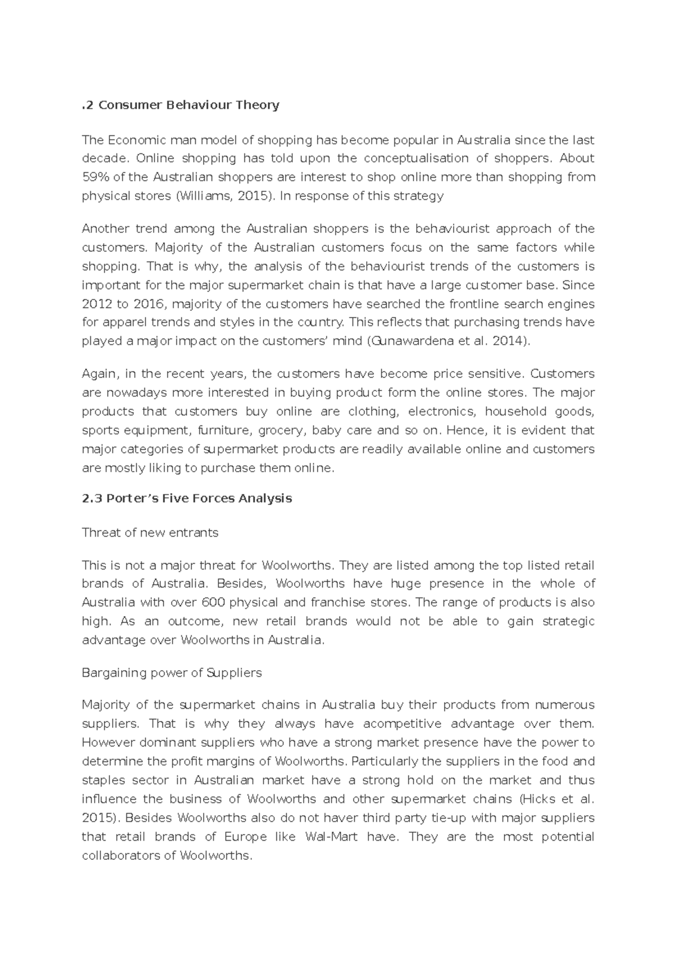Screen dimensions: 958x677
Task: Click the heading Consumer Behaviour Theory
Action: point(181,105)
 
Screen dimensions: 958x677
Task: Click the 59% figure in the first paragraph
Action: point(96,177)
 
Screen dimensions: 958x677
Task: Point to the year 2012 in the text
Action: point(97,304)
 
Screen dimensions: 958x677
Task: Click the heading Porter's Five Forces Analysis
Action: point(187,498)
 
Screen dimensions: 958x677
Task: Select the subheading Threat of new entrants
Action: point(150,533)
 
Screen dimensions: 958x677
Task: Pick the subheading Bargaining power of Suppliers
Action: point(172,673)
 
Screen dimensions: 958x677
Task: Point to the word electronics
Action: point(441,411)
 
